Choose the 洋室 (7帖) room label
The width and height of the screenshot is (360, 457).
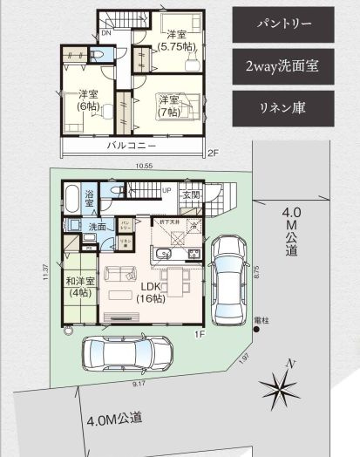click(169, 106)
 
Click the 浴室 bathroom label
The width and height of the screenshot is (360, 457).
click(90, 200)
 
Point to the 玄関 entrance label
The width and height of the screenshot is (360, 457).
click(192, 195)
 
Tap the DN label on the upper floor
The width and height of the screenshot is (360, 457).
click(105, 33)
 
